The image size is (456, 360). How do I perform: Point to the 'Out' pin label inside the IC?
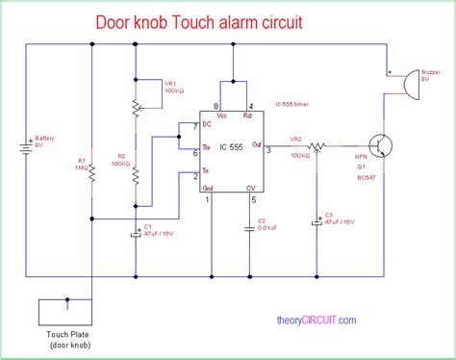click(x=256, y=144)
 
